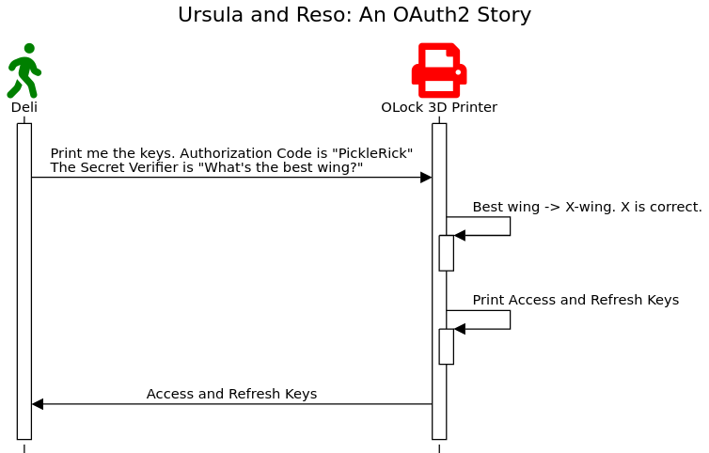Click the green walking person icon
pos(24,70)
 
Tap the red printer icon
pos(439,70)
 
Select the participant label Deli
pos(24,107)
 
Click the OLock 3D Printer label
pos(439,107)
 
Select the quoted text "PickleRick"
pos(372,154)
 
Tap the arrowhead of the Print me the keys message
pos(426,178)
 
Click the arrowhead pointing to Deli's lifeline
pos(38,404)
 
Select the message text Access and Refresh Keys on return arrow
pos(231,394)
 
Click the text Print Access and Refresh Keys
pos(575,300)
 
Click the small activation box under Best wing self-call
pos(447,253)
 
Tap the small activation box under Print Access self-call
pos(447,347)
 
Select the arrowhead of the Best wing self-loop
pos(460,236)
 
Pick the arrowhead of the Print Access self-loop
pos(460,329)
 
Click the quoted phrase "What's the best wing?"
pos(281,167)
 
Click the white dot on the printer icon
pos(458,72)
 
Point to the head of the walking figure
pos(29,48)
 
